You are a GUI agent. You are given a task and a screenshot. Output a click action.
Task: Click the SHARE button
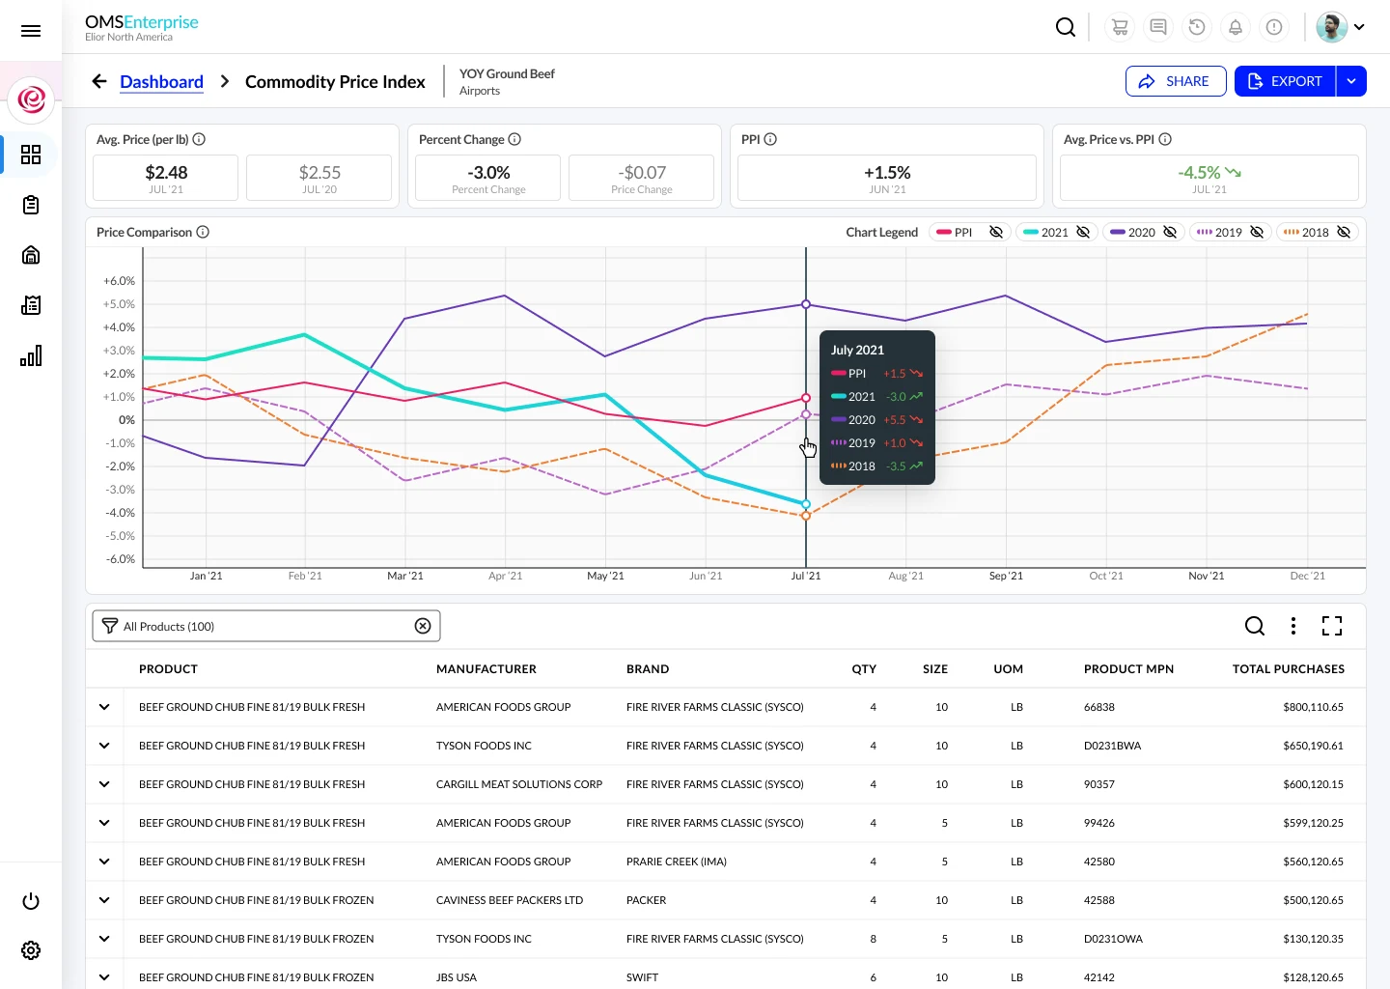coord(1175,81)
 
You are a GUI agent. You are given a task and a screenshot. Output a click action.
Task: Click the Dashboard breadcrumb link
coord(161,82)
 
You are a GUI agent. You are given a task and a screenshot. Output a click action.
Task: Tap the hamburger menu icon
coord(31,31)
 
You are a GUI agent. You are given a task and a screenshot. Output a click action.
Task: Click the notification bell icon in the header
coord(1235,27)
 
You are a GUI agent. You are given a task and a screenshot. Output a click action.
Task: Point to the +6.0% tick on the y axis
coord(120,281)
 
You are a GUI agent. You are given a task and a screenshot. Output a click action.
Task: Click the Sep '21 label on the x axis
coord(1006,576)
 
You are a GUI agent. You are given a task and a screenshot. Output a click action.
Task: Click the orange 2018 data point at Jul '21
coord(806,516)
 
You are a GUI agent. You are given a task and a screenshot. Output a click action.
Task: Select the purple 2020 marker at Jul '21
coord(806,304)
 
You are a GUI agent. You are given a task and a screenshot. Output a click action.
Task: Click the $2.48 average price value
coord(166,173)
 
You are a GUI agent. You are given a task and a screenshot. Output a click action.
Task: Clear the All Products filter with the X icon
coord(423,626)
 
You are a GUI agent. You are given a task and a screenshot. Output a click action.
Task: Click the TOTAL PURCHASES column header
coord(1288,668)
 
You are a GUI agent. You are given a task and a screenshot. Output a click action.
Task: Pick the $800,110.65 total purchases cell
coord(1313,707)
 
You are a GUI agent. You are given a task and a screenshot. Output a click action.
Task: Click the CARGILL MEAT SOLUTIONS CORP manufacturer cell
coord(518,784)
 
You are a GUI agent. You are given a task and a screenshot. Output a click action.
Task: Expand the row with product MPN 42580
coord(104,862)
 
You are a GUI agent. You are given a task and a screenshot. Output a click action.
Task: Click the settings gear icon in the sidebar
coord(31,950)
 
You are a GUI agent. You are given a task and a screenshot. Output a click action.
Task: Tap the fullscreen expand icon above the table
coord(1332,626)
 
